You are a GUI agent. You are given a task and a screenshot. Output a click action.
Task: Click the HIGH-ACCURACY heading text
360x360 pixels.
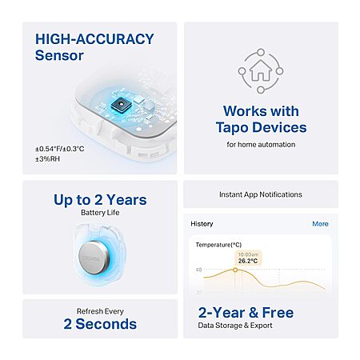94,39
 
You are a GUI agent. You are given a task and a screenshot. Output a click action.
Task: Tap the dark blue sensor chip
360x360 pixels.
121,104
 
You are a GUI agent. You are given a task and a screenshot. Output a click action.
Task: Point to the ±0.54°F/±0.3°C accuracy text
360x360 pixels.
60,149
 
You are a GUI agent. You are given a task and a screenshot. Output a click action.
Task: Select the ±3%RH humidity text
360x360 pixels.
47,159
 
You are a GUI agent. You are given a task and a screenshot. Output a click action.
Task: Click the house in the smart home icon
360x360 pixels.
261,70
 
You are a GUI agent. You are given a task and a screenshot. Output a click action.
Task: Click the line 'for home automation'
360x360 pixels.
261,145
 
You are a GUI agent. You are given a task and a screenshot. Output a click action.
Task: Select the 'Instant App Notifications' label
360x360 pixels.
261,194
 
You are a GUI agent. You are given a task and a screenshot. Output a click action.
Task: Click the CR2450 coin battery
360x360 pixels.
94,258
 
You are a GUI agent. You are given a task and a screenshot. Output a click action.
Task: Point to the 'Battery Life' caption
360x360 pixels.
100,213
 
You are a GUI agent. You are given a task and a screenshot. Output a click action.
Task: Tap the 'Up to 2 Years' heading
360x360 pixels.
100,200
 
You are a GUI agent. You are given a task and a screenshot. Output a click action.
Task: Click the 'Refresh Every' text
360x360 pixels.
100,311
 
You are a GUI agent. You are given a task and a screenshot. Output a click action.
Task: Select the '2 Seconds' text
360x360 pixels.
100,324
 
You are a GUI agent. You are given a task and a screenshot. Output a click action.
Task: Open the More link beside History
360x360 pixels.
320,224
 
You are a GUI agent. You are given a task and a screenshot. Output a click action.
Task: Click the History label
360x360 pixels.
202,224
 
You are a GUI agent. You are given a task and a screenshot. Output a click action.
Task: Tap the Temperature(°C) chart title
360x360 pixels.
218,245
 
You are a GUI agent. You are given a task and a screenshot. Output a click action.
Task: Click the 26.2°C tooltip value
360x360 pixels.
248,261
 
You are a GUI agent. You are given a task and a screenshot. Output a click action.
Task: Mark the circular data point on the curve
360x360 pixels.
235,270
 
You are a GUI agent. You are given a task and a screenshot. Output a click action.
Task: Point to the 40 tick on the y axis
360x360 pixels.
199,270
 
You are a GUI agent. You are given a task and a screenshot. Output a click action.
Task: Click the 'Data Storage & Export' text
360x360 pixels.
235,326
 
